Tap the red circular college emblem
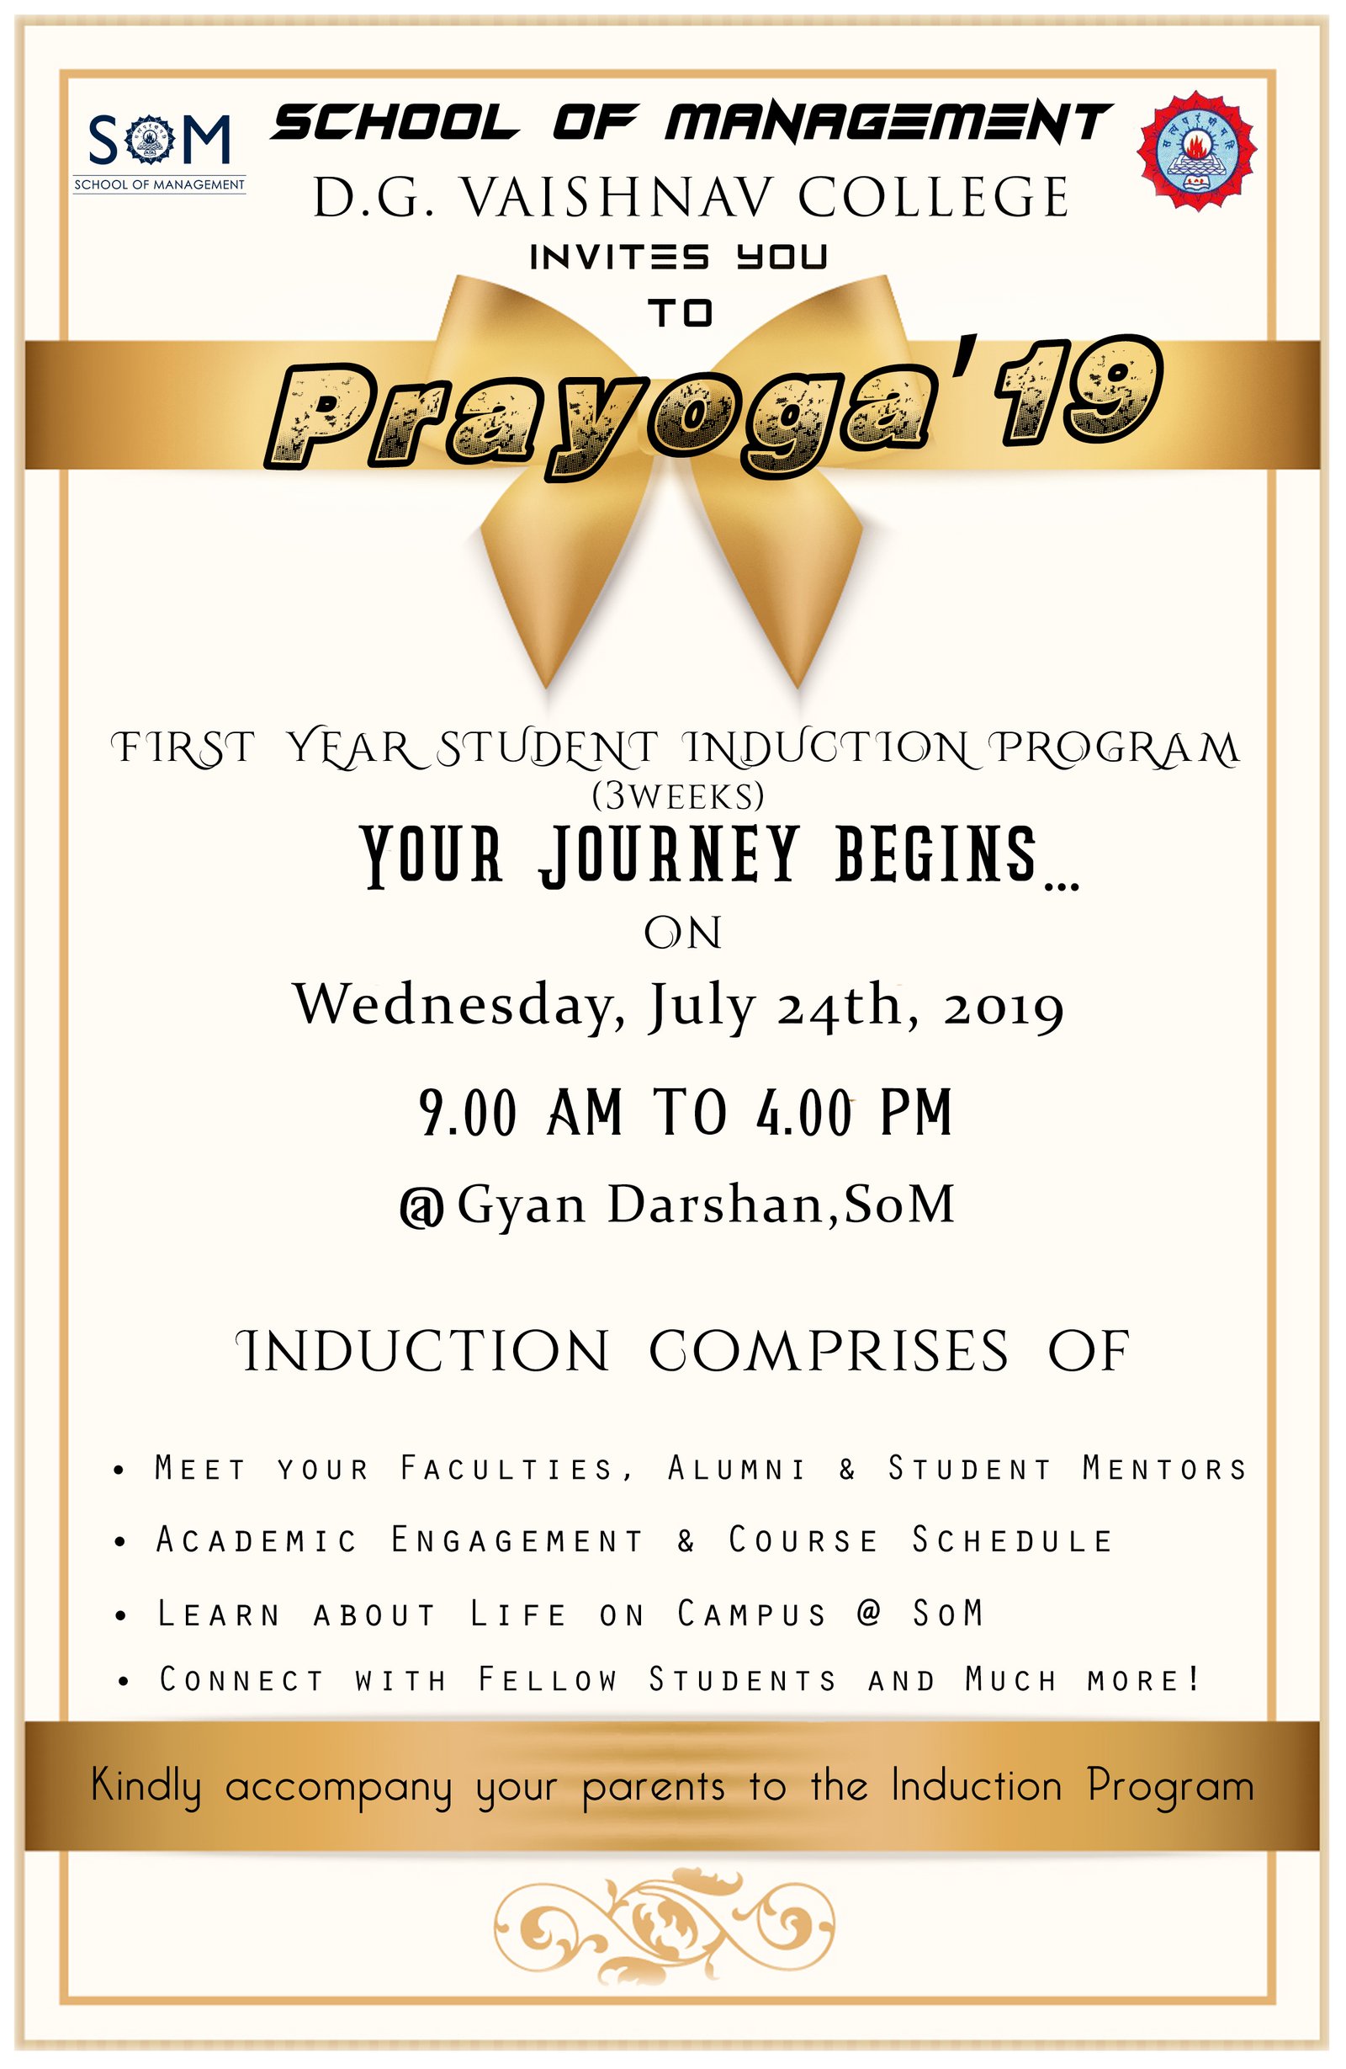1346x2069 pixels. pos(1196,150)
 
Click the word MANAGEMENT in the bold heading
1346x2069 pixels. pos(888,122)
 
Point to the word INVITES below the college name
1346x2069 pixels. pos(619,258)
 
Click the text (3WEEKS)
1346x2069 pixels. pos(678,795)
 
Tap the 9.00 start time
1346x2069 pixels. pos(468,1113)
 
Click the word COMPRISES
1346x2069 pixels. pos(829,1353)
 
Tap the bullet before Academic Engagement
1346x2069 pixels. pos(121,1542)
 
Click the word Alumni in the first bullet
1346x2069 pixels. pos(736,1468)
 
